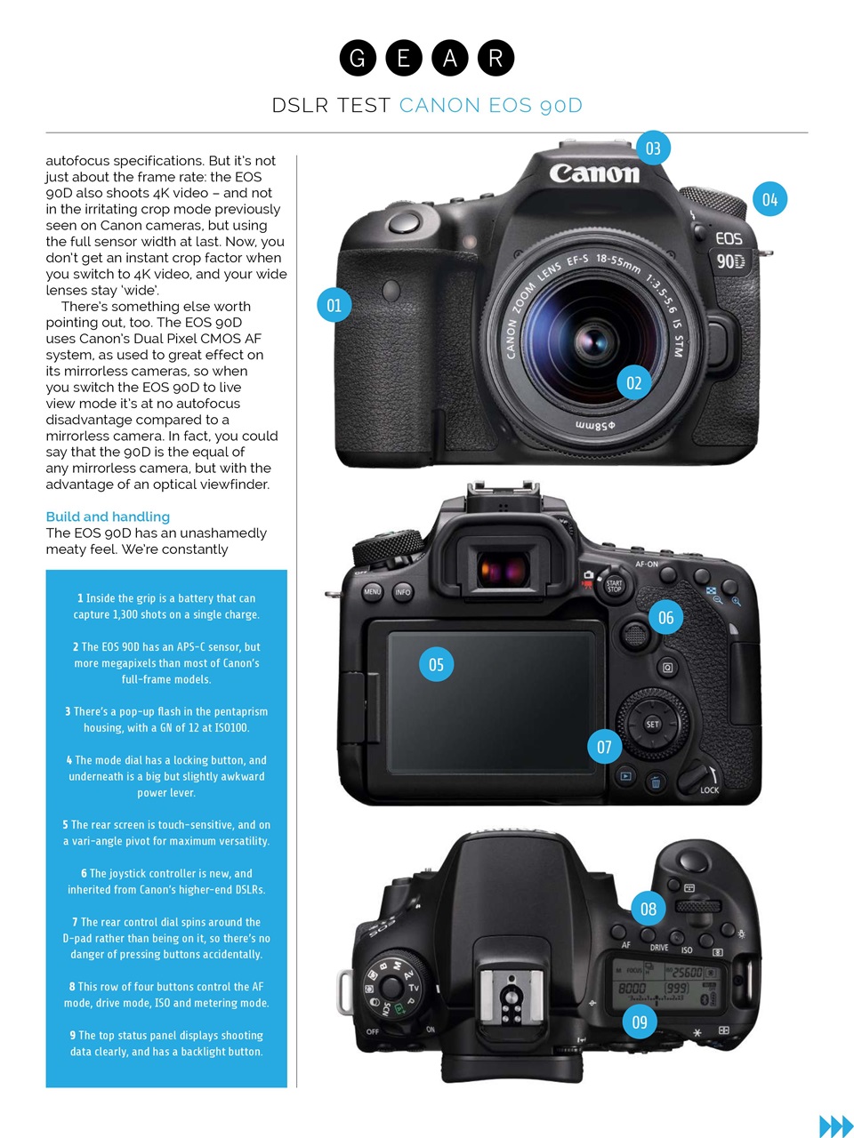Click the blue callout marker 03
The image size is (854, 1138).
click(x=653, y=148)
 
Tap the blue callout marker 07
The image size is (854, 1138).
click(x=604, y=747)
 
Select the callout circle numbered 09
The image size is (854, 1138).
click(x=640, y=1022)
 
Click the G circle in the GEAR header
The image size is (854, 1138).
click(x=358, y=58)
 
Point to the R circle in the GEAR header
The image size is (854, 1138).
click(x=495, y=58)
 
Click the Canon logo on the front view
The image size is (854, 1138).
click(x=594, y=172)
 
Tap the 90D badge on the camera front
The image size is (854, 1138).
click(x=730, y=260)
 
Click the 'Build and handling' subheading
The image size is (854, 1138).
click(x=108, y=517)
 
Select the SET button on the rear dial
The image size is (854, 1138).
click(x=652, y=724)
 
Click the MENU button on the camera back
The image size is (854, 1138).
click(x=372, y=591)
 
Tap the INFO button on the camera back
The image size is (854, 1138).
click(x=403, y=591)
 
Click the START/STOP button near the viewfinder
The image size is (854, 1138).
click(x=614, y=585)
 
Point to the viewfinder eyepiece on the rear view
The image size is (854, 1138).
click(x=504, y=567)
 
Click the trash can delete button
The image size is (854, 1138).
click(x=655, y=782)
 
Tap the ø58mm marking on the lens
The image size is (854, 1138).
click(x=595, y=425)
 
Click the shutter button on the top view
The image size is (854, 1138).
click(x=692, y=861)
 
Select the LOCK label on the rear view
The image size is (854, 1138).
click(x=709, y=789)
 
